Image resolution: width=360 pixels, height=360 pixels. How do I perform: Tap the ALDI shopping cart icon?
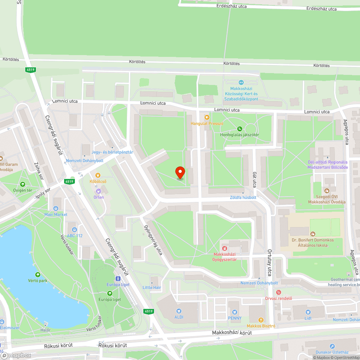pyautogui.click(x=179, y=311)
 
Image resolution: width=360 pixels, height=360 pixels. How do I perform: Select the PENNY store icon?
pyautogui.click(x=234, y=312)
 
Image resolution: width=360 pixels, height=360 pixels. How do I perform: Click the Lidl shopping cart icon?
pyautogui.click(x=308, y=312)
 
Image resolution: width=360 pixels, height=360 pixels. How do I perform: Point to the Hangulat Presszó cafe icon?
pyautogui.click(x=207, y=117)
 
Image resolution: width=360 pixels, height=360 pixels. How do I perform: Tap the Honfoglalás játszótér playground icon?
pyautogui.click(x=240, y=129)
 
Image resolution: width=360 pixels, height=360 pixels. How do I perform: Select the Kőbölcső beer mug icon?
pyautogui.click(x=98, y=175)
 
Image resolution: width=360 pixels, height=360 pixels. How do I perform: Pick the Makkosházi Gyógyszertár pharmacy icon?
pyautogui.click(x=224, y=248)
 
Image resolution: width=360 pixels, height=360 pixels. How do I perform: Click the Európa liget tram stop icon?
pyautogui.click(x=118, y=278)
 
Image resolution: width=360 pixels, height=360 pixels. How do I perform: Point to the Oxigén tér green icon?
pyautogui.click(x=23, y=184)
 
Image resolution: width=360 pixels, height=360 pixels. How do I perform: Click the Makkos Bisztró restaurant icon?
pyautogui.click(x=261, y=320)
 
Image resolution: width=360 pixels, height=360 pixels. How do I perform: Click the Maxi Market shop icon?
pyautogui.click(x=55, y=208)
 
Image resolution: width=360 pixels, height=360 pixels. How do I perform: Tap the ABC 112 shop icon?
pyautogui.click(x=74, y=229)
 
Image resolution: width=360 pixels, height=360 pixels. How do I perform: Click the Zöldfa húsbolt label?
pyautogui.click(x=243, y=197)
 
